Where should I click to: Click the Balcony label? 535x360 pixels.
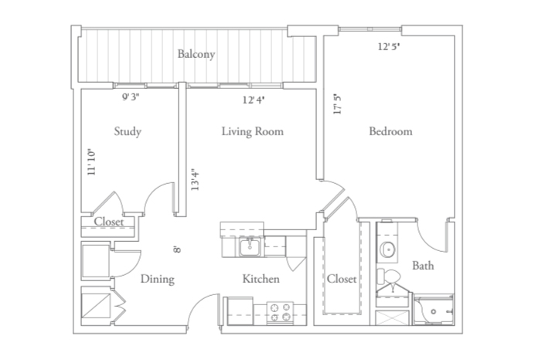coord(196,54)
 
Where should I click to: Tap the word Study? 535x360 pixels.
coord(128,131)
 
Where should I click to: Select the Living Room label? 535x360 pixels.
coord(253,131)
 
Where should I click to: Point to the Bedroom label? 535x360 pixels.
coord(390,131)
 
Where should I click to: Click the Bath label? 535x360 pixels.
coord(423,265)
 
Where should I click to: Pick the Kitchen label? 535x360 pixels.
coord(261,279)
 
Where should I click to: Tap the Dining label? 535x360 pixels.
coord(157,279)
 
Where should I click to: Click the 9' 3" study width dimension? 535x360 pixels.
coord(131,97)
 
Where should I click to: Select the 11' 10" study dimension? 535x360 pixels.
coord(91,162)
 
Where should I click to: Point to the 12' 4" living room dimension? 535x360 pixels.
coord(254,100)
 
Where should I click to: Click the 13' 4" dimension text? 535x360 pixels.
coord(195,179)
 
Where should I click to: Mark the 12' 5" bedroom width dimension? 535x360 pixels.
coord(389,46)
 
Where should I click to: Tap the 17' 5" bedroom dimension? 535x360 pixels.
coord(337,104)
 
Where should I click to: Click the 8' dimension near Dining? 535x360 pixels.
coord(177,250)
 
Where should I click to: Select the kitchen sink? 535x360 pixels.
coord(250,246)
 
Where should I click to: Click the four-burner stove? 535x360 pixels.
coord(280,312)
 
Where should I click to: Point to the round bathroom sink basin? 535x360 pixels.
coord(387,250)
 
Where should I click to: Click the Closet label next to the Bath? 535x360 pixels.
coord(342,279)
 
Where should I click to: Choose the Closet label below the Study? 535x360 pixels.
coord(109,222)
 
